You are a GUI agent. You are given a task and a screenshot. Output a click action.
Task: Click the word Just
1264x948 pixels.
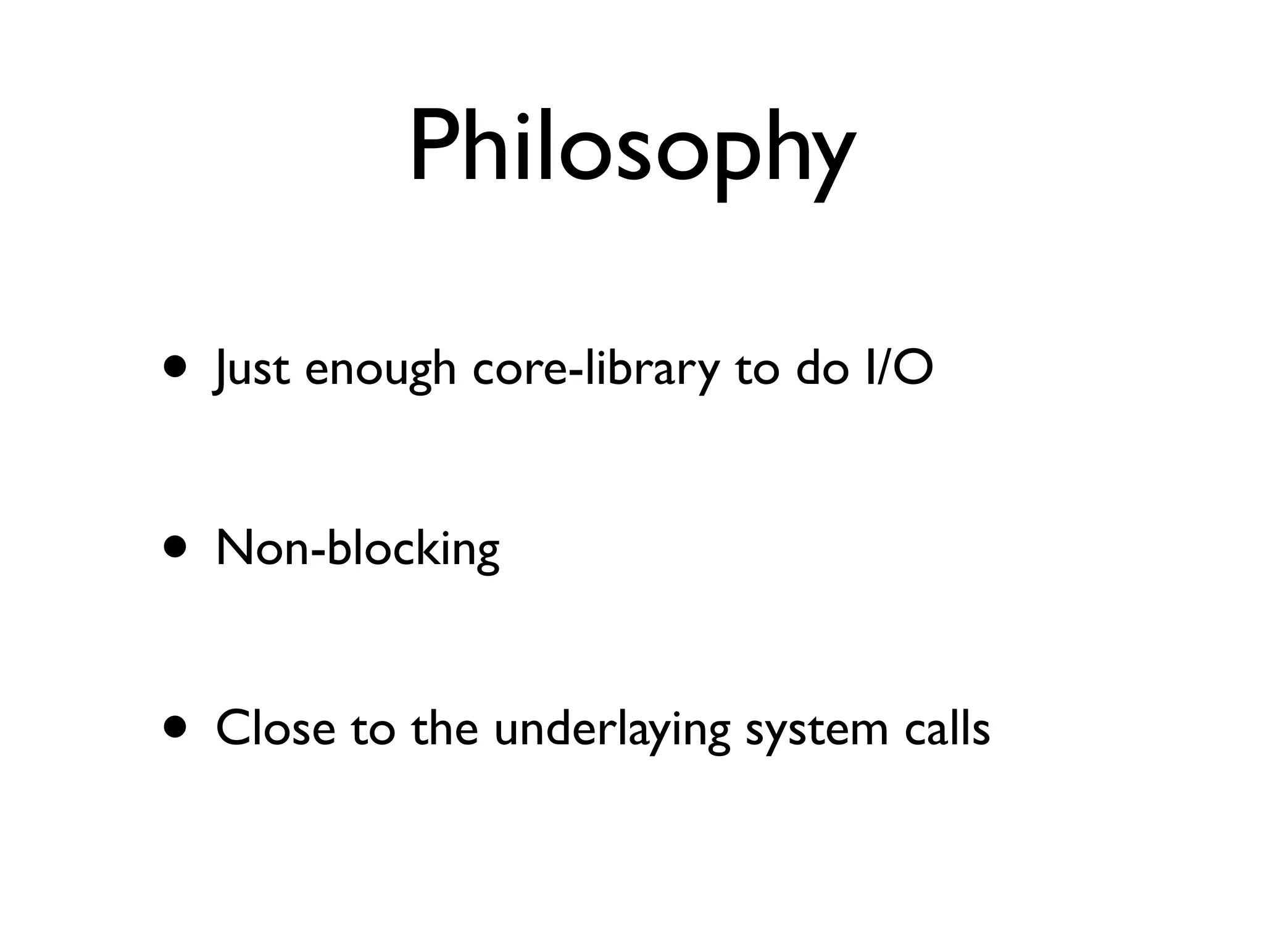(x=250, y=368)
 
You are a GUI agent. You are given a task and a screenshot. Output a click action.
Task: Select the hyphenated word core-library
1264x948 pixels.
(x=596, y=368)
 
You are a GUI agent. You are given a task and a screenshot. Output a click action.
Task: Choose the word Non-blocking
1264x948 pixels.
(x=357, y=549)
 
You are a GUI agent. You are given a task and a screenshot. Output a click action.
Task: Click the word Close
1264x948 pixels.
(x=275, y=728)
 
